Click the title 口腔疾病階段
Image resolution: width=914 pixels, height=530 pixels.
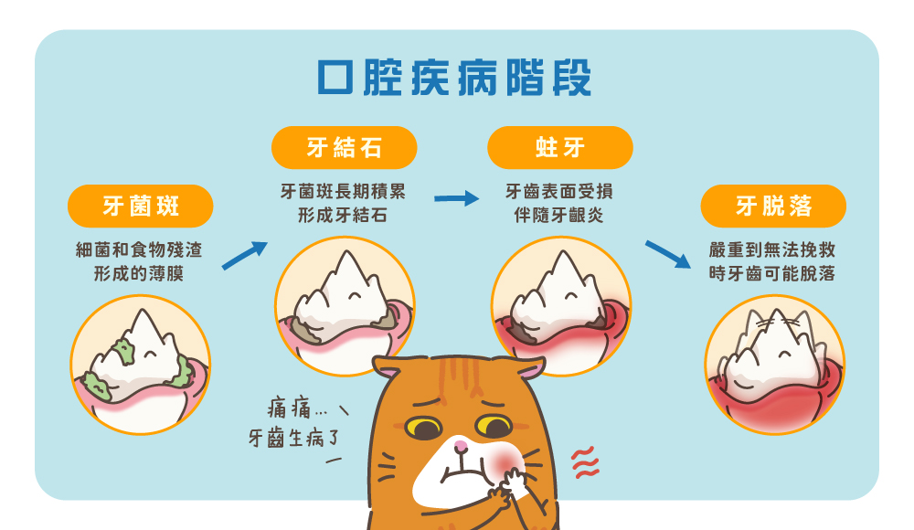point(454,77)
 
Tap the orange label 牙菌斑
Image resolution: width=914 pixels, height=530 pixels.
point(141,206)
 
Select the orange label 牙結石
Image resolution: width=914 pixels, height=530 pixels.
point(344,147)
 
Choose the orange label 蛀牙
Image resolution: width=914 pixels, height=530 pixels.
point(559,147)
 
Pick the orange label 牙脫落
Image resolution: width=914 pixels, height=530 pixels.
point(773,206)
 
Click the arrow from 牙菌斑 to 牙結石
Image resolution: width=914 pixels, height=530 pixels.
point(245,255)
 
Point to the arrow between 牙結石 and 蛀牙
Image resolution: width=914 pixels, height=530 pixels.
point(456,198)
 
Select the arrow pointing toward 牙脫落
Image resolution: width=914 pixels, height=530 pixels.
point(668,254)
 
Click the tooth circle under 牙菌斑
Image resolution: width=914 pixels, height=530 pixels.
point(141,365)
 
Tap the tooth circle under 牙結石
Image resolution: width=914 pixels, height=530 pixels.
point(345,305)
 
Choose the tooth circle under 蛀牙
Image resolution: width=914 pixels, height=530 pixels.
point(561,305)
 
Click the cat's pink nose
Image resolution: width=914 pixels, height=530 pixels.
point(461,447)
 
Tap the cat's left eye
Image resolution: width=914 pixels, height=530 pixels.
point(424,428)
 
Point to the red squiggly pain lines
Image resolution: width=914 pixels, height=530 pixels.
point(585,462)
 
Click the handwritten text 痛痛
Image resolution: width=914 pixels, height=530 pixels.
point(290,408)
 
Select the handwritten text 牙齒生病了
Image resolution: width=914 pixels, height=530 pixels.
point(293,438)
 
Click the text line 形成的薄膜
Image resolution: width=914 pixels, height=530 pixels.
point(139,273)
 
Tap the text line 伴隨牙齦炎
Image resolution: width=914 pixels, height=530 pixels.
point(558,215)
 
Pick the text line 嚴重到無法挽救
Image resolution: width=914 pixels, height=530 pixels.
point(772,250)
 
